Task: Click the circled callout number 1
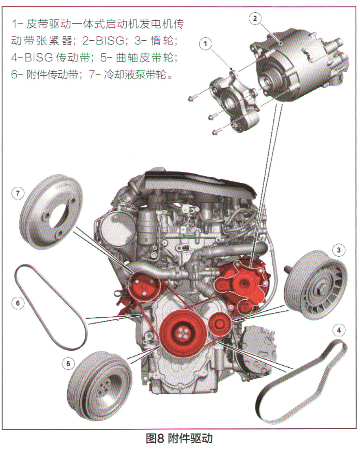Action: [205, 44]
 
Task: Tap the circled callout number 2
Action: [255, 19]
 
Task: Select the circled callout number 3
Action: [339, 250]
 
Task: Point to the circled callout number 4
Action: [339, 330]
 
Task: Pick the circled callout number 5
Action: [68, 364]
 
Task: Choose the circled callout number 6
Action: [18, 303]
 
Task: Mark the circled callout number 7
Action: [18, 193]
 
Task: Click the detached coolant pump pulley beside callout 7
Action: [52, 212]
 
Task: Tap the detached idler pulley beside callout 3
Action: [315, 285]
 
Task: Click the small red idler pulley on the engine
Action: [220, 324]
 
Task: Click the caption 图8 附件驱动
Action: [179, 439]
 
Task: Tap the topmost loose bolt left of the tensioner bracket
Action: [192, 99]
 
